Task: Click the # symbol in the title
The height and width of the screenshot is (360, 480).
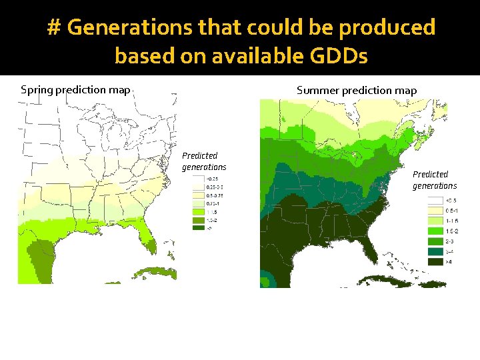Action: click(x=55, y=27)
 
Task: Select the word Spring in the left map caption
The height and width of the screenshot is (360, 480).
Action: click(x=37, y=89)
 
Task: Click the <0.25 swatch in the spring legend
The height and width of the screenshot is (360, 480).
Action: click(x=199, y=179)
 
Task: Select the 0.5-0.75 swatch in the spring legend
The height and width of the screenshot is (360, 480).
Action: click(x=199, y=195)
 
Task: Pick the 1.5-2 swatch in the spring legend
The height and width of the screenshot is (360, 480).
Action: click(x=199, y=219)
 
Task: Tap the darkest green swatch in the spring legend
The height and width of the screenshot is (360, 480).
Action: click(x=199, y=227)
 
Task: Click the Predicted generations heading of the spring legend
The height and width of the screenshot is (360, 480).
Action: click(x=204, y=161)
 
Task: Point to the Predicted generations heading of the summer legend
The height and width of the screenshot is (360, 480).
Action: click(x=434, y=180)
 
